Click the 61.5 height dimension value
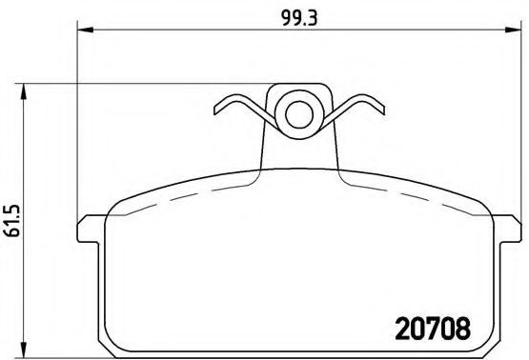(x=10, y=220)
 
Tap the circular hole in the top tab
(x=298, y=113)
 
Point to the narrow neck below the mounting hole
(x=298, y=148)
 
